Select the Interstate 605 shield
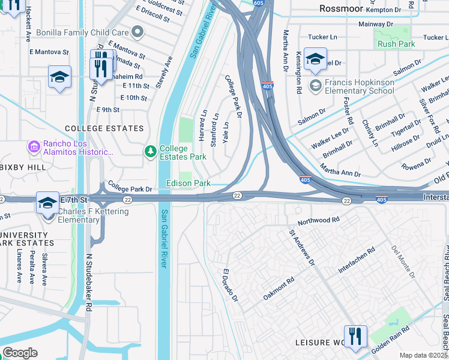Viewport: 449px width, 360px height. click(x=258, y=4)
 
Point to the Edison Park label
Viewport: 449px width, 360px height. click(x=188, y=182)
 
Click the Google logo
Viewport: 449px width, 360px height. click(x=20, y=353)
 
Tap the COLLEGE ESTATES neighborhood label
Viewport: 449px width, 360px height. click(x=104, y=128)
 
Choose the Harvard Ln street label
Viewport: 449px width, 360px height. click(x=203, y=125)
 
